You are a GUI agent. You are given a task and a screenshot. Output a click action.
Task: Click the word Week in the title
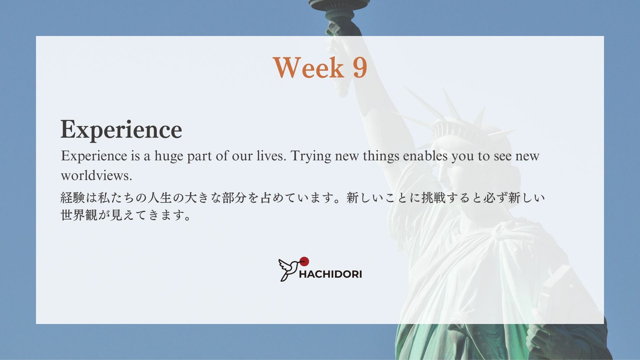pos(308,68)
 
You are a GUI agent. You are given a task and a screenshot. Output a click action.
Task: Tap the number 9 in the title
pos(360,68)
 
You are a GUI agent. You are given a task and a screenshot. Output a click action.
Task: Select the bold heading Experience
pos(121,130)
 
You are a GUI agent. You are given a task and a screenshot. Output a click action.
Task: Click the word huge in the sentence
pos(168,156)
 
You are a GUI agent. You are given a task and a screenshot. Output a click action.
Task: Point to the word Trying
pos(311,156)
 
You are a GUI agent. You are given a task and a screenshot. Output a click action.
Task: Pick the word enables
pos(425,156)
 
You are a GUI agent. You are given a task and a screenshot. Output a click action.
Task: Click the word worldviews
pos(96,176)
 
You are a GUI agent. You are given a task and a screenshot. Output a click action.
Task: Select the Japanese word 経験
pos(72,198)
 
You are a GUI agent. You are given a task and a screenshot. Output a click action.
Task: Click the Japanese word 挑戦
pos(434,198)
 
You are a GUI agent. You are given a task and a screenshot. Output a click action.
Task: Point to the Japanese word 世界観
pos(79,215)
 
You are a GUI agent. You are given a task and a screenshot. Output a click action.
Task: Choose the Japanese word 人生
pos(160,198)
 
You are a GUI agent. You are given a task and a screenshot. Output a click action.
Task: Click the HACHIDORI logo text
pos(330,274)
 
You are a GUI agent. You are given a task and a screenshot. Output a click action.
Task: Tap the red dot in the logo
pos(304,262)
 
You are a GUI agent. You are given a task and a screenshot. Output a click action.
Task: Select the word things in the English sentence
pos(381,156)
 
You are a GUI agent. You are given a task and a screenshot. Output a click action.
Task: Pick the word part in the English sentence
pos(200,156)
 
